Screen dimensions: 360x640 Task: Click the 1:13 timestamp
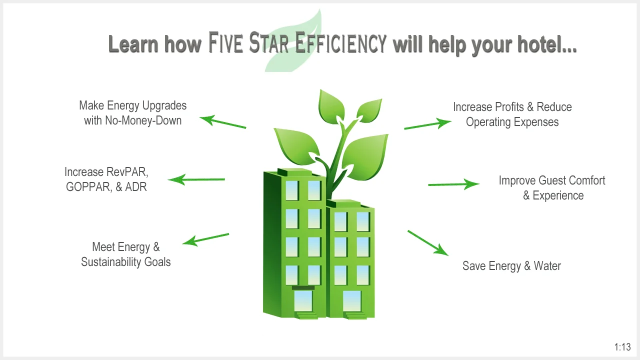point(622,347)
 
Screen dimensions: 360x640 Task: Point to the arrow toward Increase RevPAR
point(196,179)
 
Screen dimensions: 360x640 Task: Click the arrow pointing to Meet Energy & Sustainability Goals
point(205,239)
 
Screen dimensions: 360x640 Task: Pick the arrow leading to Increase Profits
point(427,124)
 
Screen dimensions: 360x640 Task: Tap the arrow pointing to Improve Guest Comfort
point(453,184)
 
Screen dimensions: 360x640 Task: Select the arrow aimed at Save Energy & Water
point(427,243)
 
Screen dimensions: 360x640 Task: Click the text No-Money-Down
point(143,120)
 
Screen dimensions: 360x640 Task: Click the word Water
point(547,266)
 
